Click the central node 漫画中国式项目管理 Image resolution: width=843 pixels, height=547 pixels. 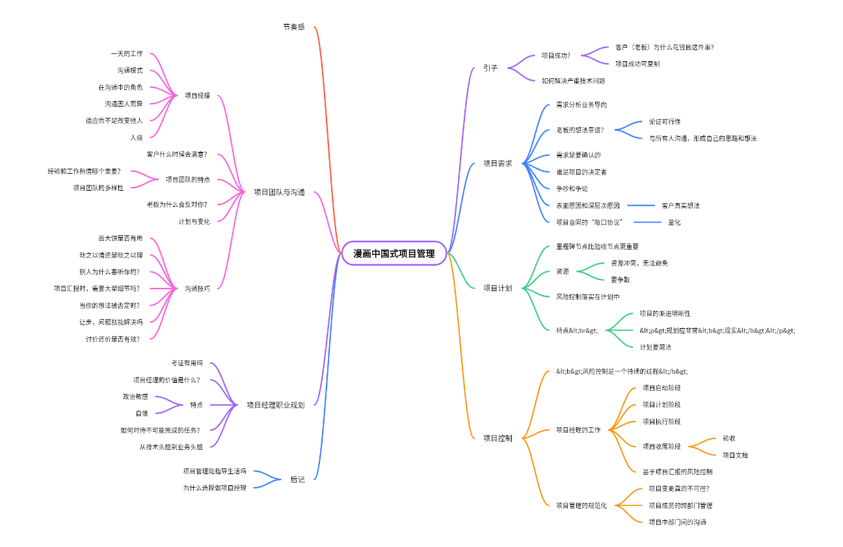tap(394, 253)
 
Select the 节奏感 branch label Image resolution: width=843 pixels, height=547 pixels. tap(293, 27)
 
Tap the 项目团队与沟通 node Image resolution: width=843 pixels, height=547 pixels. tap(279, 192)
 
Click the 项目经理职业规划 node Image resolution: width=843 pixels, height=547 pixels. tap(275, 404)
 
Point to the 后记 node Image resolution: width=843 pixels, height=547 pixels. tap(297, 479)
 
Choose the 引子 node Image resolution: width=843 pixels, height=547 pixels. tap(490, 68)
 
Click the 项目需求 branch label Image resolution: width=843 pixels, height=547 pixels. tap(498, 163)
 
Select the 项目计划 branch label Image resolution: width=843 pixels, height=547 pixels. tap(498, 288)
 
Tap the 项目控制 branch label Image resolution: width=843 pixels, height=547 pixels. tap(498, 438)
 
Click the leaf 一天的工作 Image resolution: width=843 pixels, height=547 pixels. tap(127, 53)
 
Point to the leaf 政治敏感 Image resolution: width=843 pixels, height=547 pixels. tap(135, 396)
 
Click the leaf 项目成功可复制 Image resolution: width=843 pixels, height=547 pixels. tap(637, 64)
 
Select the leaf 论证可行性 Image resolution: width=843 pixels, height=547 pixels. tap(665, 122)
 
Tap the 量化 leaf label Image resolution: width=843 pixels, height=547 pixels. tap(675, 222)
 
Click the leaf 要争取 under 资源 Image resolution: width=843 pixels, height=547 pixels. tap(620, 279)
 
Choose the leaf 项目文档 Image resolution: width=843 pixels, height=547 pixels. tap(735, 455)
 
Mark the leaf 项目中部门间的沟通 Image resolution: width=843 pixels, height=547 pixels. tap(677, 522)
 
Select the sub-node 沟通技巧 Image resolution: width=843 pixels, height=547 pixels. tap(197, 288)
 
